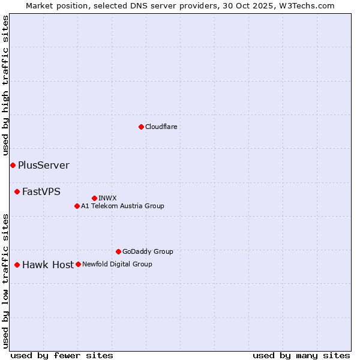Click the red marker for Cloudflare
[141, 127]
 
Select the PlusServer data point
[13, 165]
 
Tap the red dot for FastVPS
[17, 191]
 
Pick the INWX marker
[94, 198]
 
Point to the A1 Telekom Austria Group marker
[77, 206]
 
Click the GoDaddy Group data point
[118, 251]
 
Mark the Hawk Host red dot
[17, 265]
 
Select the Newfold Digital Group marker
[78, 264]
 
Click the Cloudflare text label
[161, 127]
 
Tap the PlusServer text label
[43, 165]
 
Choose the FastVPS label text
[41, 191]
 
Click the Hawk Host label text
[47, 265]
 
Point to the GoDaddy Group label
[148, 251]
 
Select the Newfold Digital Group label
[117, 264]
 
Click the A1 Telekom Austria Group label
[122, 206]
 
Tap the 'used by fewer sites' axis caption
[62, 355]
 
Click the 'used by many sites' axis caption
[301, 355]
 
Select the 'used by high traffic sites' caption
[6, 86]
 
